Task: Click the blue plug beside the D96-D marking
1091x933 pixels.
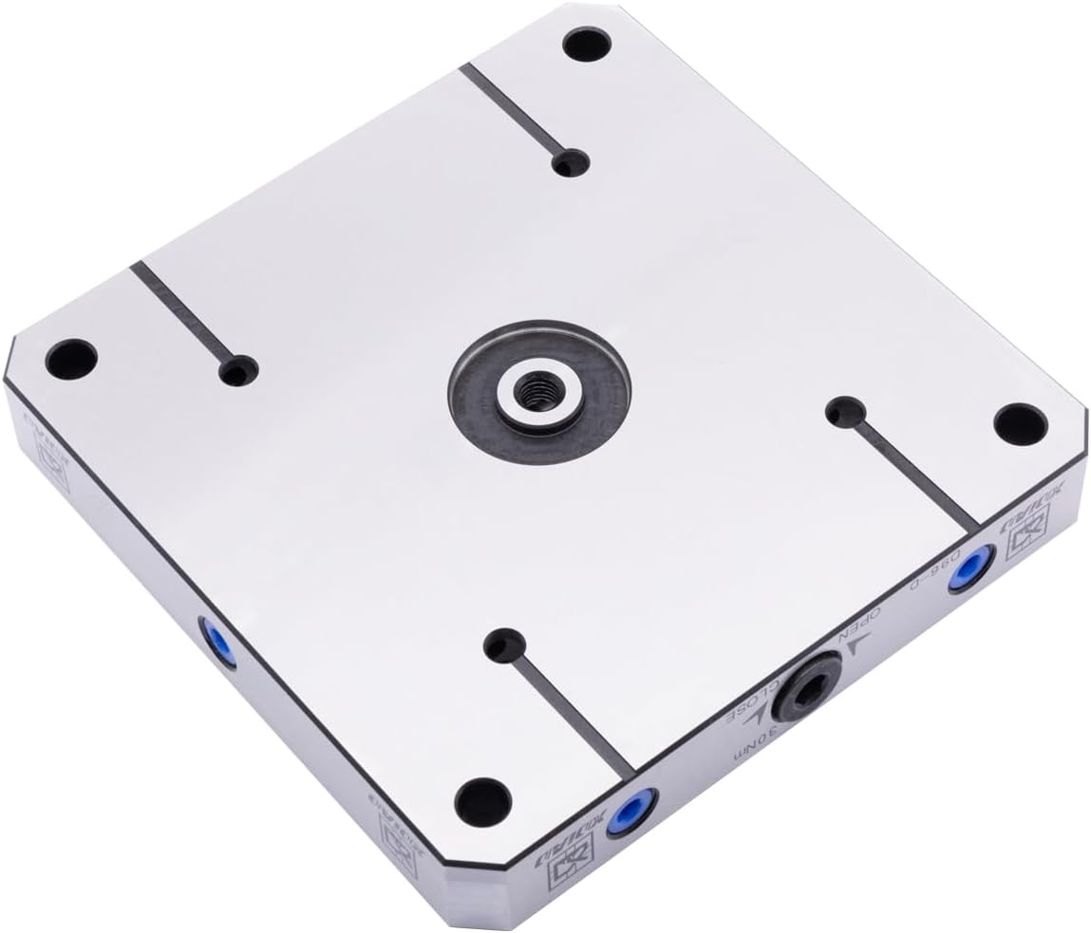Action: click(x=971, y=570)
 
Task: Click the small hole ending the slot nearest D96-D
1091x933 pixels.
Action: click(x=842, y=411)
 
